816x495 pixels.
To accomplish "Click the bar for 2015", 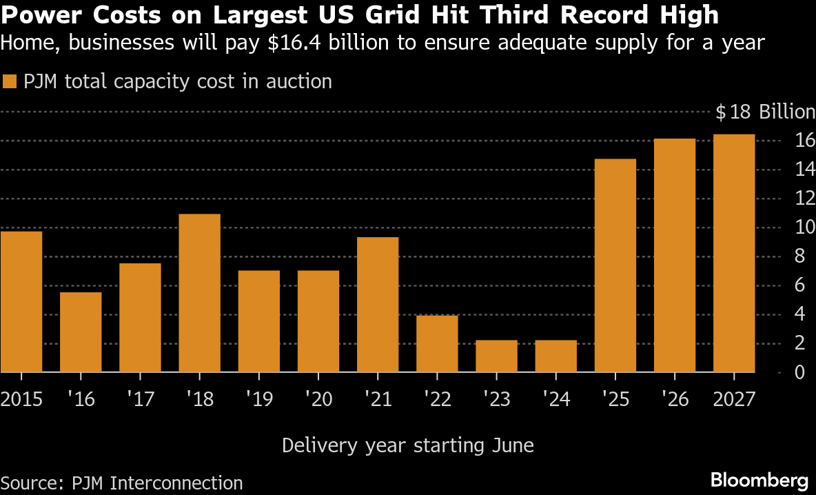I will [21, 302].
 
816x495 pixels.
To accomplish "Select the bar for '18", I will [199, 293].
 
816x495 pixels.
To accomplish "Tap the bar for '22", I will [437, 344].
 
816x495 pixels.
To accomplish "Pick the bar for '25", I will [615, 265].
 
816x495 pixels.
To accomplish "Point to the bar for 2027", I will [734, 253].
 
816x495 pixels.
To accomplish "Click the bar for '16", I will [81, 332].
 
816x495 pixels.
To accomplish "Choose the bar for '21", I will [378, 305].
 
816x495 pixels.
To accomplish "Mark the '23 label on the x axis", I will [496, 399].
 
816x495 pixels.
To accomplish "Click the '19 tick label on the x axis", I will [258, 399].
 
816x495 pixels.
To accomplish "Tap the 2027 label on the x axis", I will [734, 399].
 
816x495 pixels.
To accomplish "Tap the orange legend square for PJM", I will [10, 82].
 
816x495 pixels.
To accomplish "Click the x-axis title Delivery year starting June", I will [408, 445].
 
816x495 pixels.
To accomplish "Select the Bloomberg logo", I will [759, 480].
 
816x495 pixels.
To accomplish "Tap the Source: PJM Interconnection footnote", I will [122, 483].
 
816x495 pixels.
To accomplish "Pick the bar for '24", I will [555, 356].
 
